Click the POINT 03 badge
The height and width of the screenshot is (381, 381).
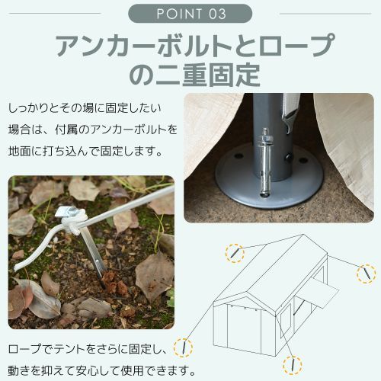[x=190, y=14]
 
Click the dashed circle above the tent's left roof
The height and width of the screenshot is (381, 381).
[x=236, y=252]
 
